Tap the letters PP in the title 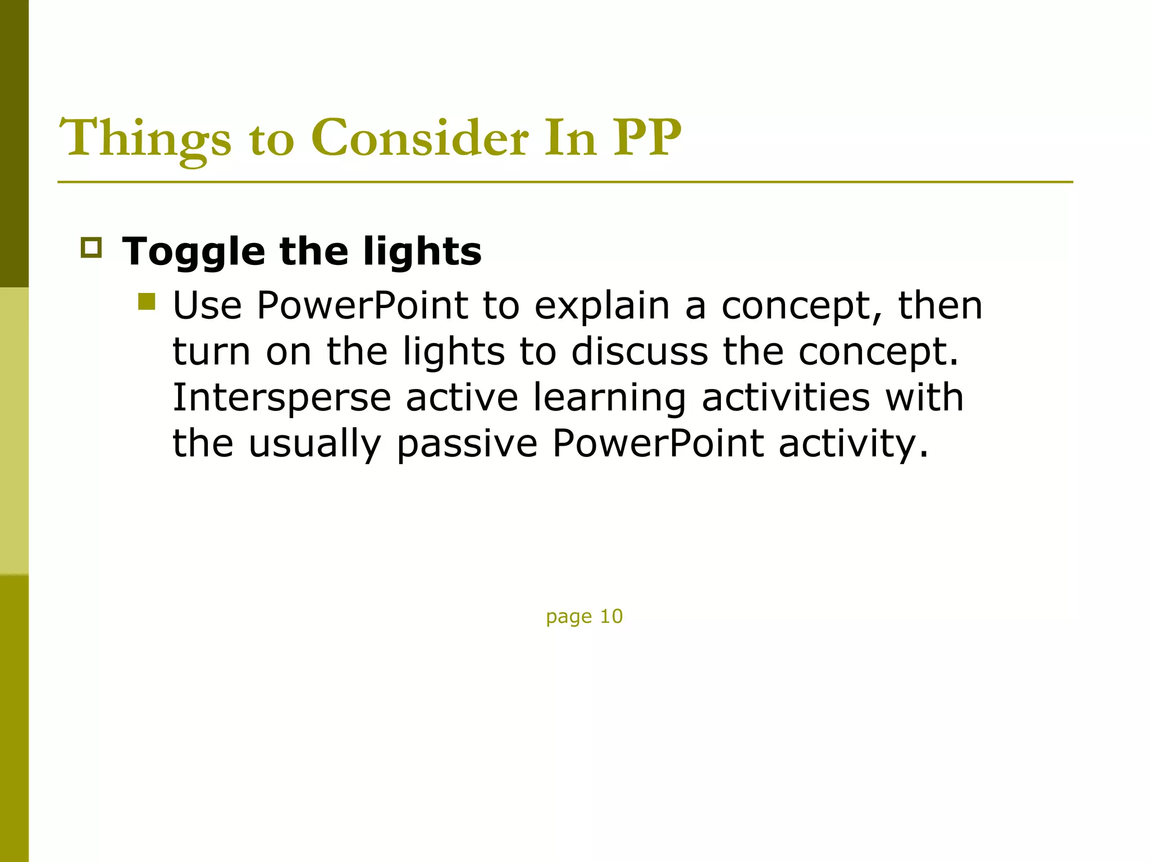(647, 138)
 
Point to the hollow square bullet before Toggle (91, 247)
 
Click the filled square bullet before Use (147, 302)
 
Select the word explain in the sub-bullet (602, 306)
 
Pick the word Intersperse (281, 398)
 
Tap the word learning (609, 398)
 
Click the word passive (467, 444)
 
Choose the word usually (314, 444)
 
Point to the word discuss (640, 352)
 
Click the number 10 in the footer (611, 616)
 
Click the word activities (786, 398)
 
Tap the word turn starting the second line (211, 352)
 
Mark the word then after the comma (940, 306)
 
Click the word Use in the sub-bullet (207, 306)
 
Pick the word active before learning (462, 398)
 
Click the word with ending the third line (924, 398)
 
